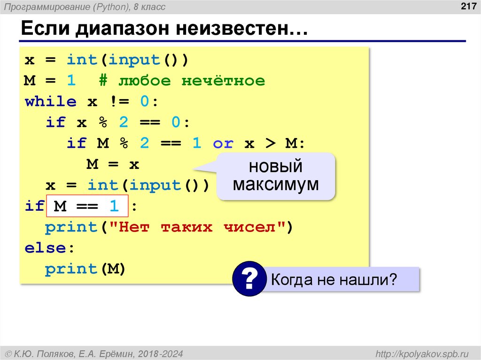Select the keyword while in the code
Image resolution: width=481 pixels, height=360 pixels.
coord(50,102)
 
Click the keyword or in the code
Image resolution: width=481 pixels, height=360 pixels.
coord(223,143)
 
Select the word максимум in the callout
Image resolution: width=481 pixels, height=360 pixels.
coord(276,184)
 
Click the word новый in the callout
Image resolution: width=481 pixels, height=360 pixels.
coord(276,167)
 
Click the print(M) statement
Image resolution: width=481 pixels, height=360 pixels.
coord(85,269)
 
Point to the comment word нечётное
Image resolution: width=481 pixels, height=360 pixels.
coord(223,81)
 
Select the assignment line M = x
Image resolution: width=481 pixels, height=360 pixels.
coord(113,164)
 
